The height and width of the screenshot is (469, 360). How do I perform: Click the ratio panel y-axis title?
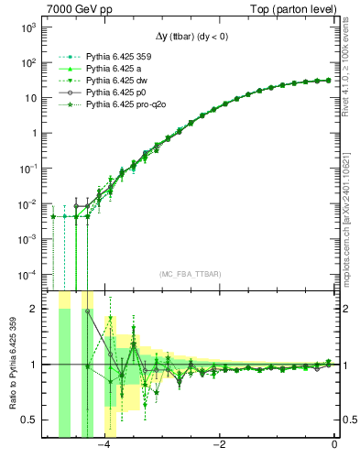12,364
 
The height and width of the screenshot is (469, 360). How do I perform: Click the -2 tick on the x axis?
220,446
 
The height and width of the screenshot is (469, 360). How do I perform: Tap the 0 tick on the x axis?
334,446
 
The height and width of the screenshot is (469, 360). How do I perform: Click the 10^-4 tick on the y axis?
29,274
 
